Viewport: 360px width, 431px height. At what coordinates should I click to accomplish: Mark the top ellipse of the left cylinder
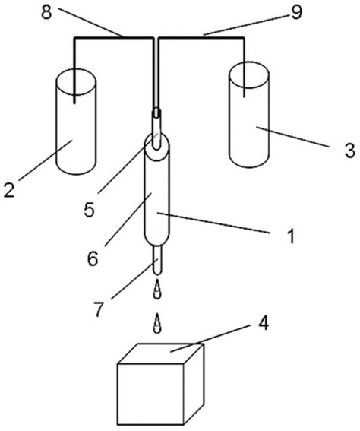pyautogui.click(x=74, y=78)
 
